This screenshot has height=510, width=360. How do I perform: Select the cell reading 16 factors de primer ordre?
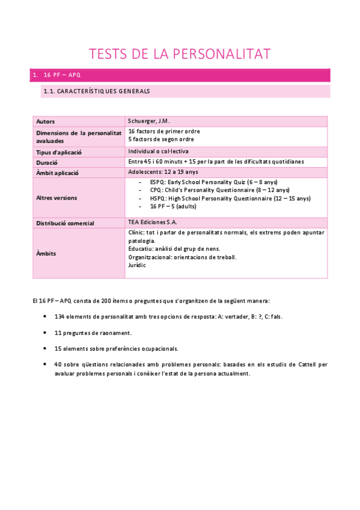[164, 131]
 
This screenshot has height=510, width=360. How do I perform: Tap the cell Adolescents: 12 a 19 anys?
[163, 172]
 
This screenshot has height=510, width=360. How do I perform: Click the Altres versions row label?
[56, 197]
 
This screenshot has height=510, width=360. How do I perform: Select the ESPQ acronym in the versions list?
[157, 182]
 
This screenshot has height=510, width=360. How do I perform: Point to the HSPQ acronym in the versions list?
[158, 198]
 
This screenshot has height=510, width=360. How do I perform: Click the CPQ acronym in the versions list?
[156, 189]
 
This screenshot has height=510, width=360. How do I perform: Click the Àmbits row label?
[46, 253]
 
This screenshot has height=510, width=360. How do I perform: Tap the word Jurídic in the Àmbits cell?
[137, 265]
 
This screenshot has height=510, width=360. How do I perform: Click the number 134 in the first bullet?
[59, 316]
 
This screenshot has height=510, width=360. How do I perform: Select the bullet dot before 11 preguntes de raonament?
[46, 333]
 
